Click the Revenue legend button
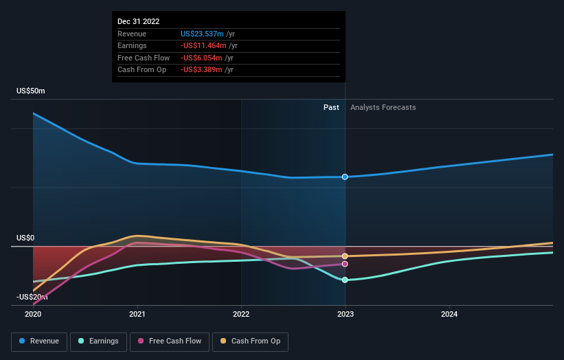(x=39, y=341)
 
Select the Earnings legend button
(x=98, y=341)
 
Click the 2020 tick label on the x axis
(x=33, y=314)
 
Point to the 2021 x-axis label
(x=137, y=314)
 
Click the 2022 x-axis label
(x=241, y=314)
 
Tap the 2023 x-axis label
(x=345, y=314)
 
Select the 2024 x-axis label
(x=449, y=314)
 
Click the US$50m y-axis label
(x=31, y=91)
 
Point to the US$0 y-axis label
(x=25, y=238)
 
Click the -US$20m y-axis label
(x=32, y=297)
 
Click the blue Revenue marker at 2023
(x=345, y=177)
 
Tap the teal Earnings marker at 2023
(x=345, y=280)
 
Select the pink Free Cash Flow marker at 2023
(x=345, y=264)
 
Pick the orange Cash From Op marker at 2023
(x=345, y=256)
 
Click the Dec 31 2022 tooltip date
(x=138, y=21)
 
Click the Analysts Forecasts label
(x=383, y=107)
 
